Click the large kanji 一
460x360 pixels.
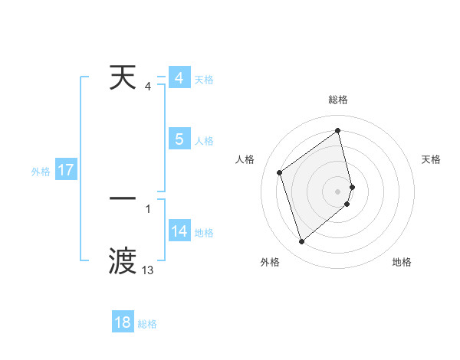[123, 198]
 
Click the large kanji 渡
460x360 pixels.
[123, 260]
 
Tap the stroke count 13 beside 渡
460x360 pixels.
[148, 270]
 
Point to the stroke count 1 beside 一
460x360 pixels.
[148, 208]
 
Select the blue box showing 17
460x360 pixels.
[66, 170]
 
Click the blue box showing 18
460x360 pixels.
[123, 322]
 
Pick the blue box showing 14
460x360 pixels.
[179, 231]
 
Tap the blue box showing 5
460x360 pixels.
[179, 139]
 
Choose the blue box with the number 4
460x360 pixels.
[179, 78]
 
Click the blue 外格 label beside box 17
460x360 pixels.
[41, 172]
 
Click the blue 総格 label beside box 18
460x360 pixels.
[147, 324]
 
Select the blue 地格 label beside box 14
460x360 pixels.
[204, 233]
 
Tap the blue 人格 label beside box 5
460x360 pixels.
[204, 141]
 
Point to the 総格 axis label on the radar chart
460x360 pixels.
[338, 100]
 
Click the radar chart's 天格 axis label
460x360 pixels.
[432, 159]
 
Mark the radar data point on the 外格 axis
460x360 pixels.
[301, 242]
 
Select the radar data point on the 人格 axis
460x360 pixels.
[280, 172]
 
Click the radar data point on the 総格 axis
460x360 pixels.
[338, 130]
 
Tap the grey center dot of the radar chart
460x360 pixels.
[338, 191]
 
